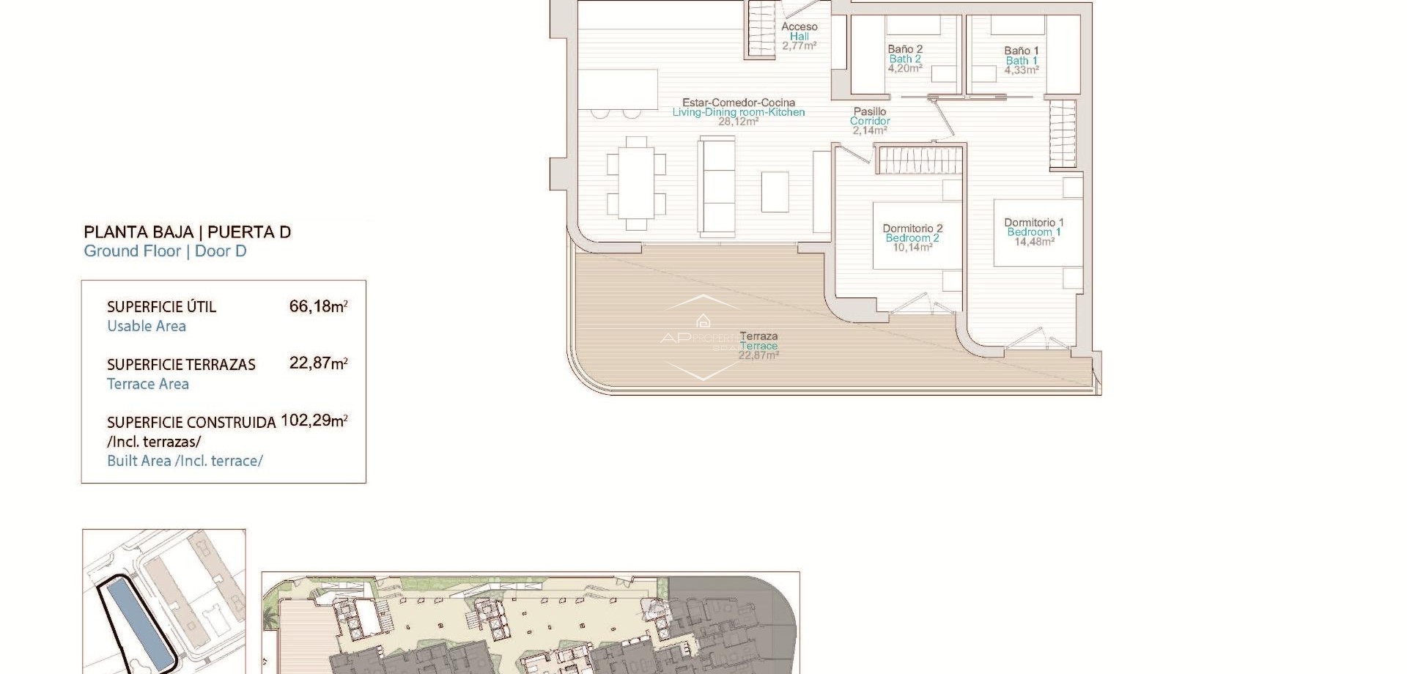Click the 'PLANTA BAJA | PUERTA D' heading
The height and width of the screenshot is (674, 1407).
[187, 232]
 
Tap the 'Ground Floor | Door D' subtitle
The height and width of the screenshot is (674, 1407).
[165, 251]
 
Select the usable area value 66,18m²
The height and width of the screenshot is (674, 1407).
[318, 306]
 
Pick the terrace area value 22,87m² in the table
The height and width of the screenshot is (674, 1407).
[318, 363]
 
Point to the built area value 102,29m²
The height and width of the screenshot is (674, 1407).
[314, 421]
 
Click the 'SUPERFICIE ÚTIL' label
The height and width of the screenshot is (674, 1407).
[161, 307]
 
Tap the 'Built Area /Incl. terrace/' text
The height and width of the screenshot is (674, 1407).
[185, 461]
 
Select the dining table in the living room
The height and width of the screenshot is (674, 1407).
[636, 182]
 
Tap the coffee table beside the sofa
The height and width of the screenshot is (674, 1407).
[775, 191]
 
